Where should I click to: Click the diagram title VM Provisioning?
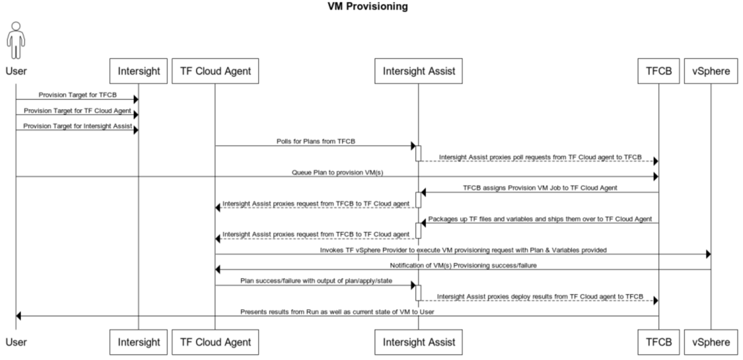(368, 7)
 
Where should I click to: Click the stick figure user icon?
(16, 40)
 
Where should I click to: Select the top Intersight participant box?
(139, 71)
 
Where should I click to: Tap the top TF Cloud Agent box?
(215, 71)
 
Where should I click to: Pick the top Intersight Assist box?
(418, 71)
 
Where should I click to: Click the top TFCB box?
(659, 71)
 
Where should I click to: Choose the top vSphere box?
(710, 71)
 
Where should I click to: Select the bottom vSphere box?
(710, 342)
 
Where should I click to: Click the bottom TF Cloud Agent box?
(215, 342)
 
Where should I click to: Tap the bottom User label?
(16, 342)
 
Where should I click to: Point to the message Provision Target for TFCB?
(77, 95)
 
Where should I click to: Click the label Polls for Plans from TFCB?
(315, 141)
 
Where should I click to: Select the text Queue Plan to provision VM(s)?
(337, 172)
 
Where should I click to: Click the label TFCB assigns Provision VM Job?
(539, 188)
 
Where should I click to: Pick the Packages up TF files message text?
(539, 219)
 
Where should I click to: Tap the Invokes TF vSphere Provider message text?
(463, 250)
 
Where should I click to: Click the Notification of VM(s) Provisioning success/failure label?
(463, 265)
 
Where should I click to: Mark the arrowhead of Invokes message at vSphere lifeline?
(708, 254)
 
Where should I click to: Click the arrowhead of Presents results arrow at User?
(19, 316)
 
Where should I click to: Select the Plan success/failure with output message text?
(316, 280)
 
